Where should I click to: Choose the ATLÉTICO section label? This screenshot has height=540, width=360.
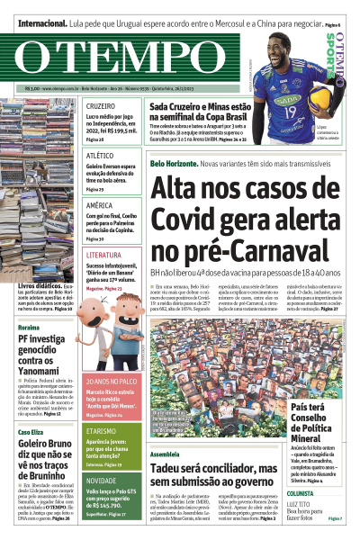[x=99, y=156]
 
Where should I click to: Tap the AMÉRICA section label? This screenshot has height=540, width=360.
[x=99, y=205]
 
